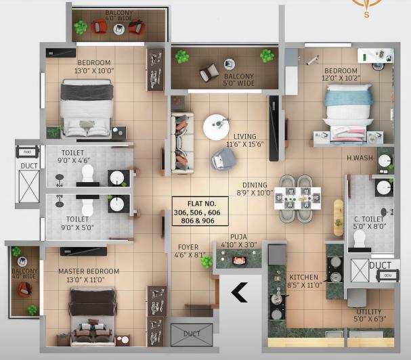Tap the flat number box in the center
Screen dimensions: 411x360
pyautogui.click(x=200, y=211)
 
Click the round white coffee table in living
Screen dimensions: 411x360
pyautogui.click(x=216, y=127)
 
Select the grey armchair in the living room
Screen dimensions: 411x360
pyautogui.click(x=223, y=159)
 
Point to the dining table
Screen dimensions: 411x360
pyautogui.click(x=297, y=198)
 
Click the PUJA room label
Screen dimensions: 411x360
pyautogui.click(x=238, y=237)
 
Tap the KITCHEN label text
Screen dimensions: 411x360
pyautogui.click(x=304, y=277)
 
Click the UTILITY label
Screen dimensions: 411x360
pyautogui.click(x=369, y=312)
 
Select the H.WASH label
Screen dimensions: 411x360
pyautogui.click(x=360, y=158)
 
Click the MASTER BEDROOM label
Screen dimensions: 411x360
pyautogui.click(x=89, y=271)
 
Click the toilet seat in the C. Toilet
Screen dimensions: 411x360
pyautogui.click(x=360, y=239)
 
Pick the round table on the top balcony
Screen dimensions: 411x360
pyautogui.click(x=119, y=29)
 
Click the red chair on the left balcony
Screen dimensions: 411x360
pyautogui.click(x=25, y=290)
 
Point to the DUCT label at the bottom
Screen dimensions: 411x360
pyautogui.click(x=192, y=334)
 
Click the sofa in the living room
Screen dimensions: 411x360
pyautogui.click(x=182, y=143)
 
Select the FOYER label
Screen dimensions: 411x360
pyautogui.click(x=188, y=247)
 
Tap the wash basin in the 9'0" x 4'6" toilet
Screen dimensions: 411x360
pyautogui.click(x=117, y=178)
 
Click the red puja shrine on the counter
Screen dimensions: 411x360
pyautogui.click(x=239, y=261)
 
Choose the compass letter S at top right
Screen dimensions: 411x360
pyautogui.click(x=366, y=15)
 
